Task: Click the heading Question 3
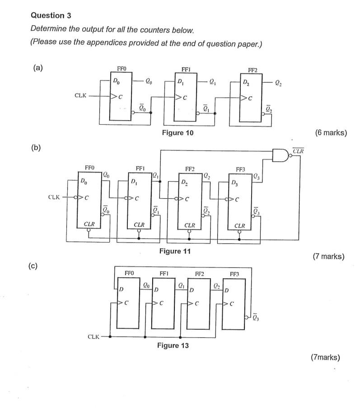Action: pyautogui.click(x=50, y=15)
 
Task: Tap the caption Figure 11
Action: pyautogui.click(x=175, y=251)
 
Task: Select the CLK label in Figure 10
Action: pyautogui.click(x=81, y=96)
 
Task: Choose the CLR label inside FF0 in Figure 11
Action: pyautogui.click(x=89, y=224)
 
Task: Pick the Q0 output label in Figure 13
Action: pyautogui.click(x=146, y=285)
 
